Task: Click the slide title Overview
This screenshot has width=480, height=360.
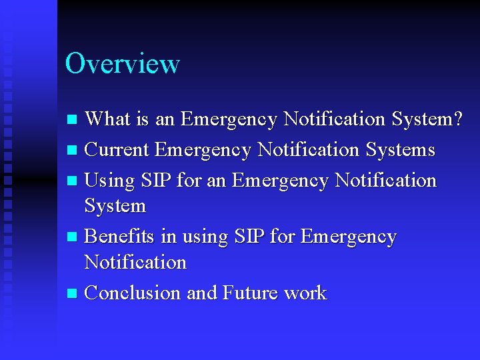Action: point(122,64)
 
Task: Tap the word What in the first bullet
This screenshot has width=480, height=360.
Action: point(110,119)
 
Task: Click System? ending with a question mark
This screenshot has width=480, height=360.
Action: point(427,119)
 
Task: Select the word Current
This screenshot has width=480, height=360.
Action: point(117,150)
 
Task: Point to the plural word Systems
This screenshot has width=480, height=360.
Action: point(400,150)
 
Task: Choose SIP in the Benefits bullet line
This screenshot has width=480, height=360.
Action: point(249,237)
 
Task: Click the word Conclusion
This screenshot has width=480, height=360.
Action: point(133,293)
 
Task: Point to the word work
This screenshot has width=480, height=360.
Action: point(305,293)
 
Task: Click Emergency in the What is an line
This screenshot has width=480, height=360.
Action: point(229,119)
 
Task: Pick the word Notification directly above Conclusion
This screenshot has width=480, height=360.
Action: point(135,262)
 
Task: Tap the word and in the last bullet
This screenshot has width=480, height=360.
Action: point(202,293)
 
